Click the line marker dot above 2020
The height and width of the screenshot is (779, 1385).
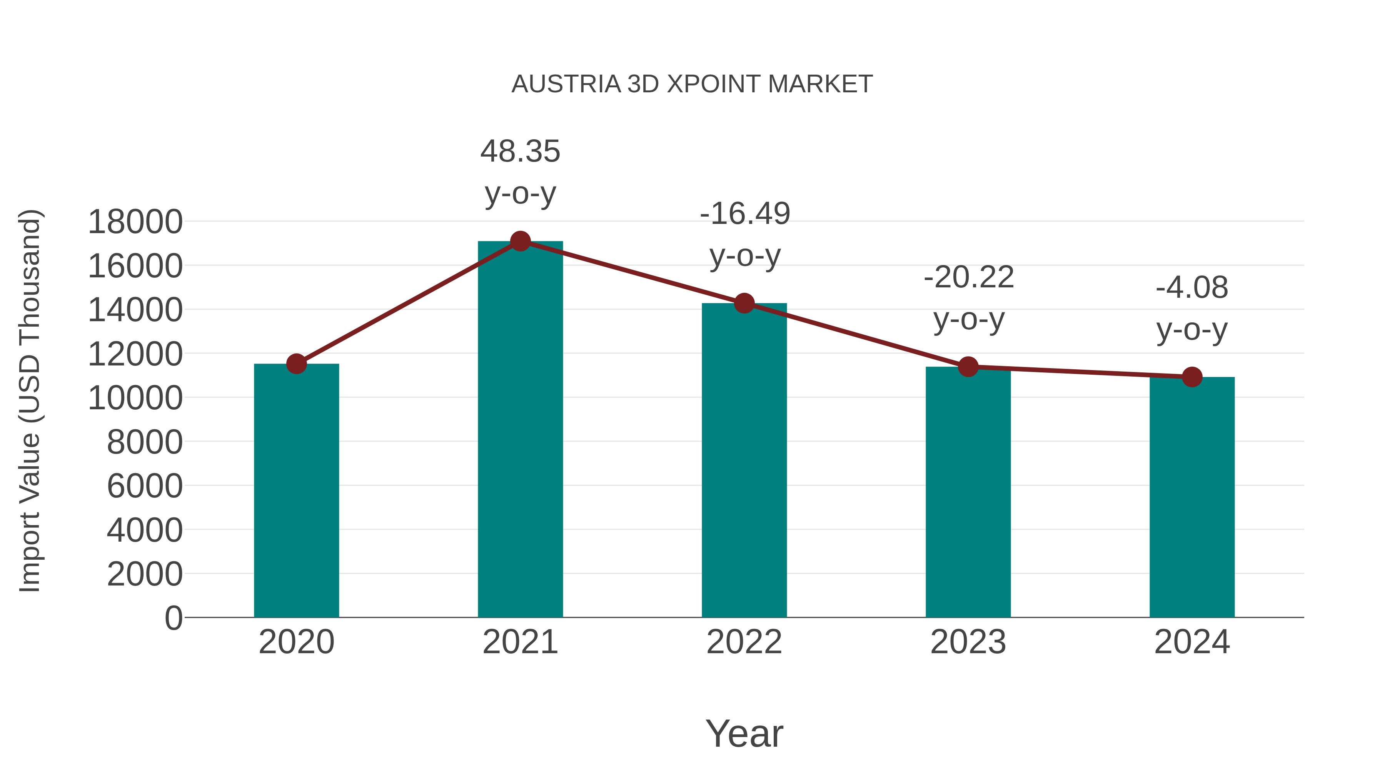296,364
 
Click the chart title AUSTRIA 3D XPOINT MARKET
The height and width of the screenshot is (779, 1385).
692,84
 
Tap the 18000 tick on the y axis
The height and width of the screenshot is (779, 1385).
135,222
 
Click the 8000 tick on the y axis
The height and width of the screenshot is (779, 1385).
145,442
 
